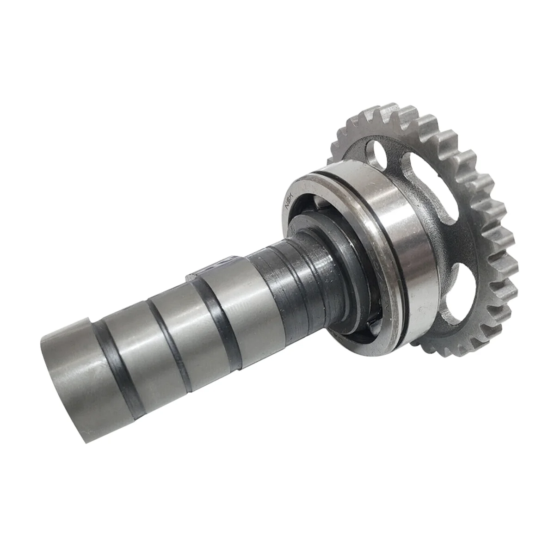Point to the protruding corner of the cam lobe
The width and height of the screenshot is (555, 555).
tap(191, 278)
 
